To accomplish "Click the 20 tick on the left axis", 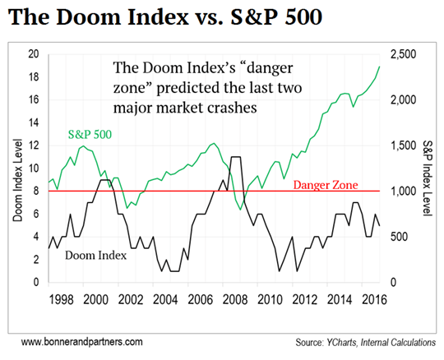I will pyautogui.click(x=34, y=54).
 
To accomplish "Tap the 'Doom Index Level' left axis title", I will pyautogui.click(x=16, y=169).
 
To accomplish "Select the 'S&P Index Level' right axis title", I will pyautogui.click(x=428, y=169).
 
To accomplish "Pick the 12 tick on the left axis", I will pyautogui.click(x=34, y=145).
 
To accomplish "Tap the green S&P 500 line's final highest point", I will pyautogui.click(x=379, y=67).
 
